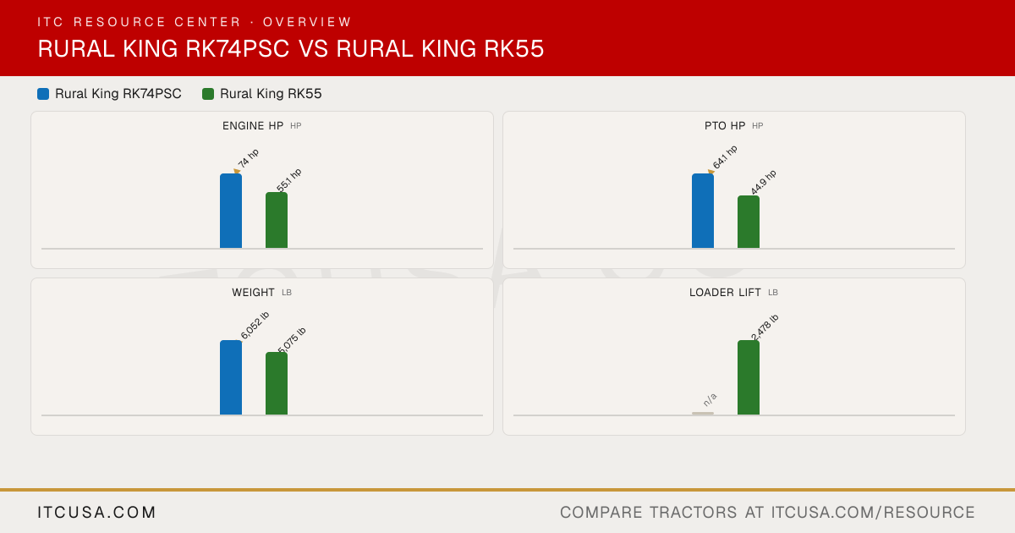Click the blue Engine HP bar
tap(231, 211)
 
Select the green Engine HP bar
tap(277, 220)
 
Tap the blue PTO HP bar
tap(703, 211)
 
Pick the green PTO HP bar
tap(749, 222)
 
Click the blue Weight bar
tap(231, 377)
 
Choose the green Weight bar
tap(277, 383)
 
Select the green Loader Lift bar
tap(749, 377)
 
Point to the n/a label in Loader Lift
tap(710, 399)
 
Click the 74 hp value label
tap(249, 158)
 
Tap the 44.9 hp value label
tap(764, 182)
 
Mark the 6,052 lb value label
tap(255, 325)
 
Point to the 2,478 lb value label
tap(765, 327)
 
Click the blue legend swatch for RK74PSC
tap(43, 94)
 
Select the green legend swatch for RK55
tap(208, 94)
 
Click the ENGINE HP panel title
tap(253, 125)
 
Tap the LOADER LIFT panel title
tap(725, 293)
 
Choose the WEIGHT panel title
tap(253, 293)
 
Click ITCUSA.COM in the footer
tap(96, 512)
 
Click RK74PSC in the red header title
tap(238, 48)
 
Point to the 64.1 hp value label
tap(725, 157)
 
